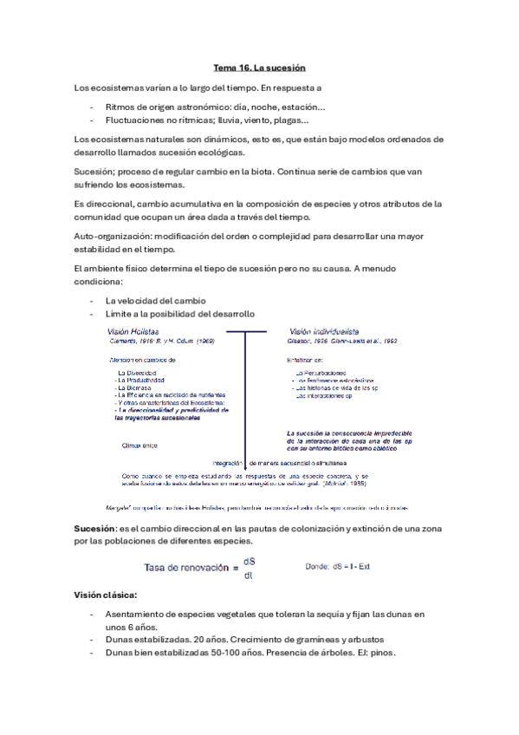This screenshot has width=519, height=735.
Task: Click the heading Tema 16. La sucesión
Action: (x=259, y=67)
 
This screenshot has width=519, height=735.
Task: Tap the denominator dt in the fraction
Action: (x=249, y=575)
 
